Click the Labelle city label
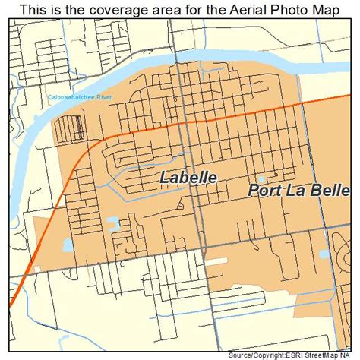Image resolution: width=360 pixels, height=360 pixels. (189, 178)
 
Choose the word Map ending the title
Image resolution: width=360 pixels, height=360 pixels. (326, 9)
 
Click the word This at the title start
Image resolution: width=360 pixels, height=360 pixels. (33, 9)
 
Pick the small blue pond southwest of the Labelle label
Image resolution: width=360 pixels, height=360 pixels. (114, 223)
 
